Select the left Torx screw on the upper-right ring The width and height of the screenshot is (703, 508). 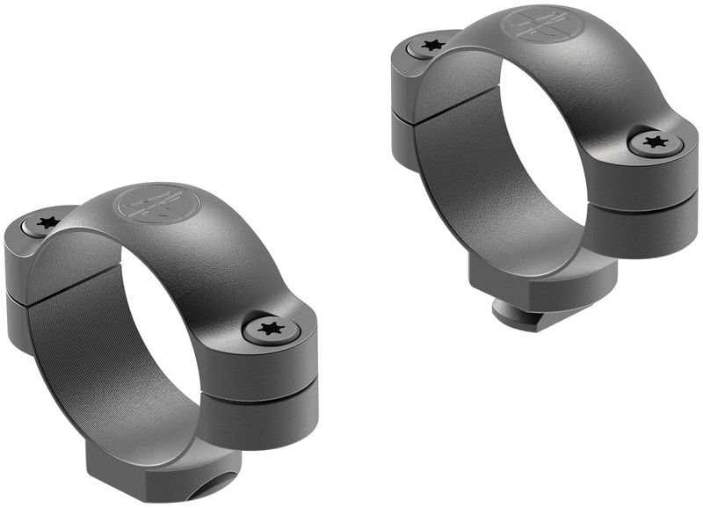431,45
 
